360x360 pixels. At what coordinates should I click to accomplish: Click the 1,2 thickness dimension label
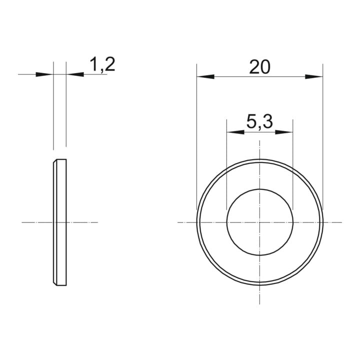click(102, 65)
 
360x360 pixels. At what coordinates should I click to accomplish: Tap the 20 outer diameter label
click(260, 67)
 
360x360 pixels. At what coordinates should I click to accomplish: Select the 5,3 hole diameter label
click(259, 122)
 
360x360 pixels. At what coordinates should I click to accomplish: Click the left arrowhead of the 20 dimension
click(205, 76)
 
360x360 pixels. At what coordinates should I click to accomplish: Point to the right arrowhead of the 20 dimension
click(314, 76)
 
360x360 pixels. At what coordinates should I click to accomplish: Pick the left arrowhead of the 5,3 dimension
click(235, 132)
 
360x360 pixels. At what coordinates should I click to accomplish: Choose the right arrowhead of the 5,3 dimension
click(284, 132)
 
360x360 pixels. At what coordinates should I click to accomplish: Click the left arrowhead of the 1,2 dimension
click(44, 74)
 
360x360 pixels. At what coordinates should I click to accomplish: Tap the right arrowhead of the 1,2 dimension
click(75, 74)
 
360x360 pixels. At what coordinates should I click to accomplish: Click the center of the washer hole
click(259, 222)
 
